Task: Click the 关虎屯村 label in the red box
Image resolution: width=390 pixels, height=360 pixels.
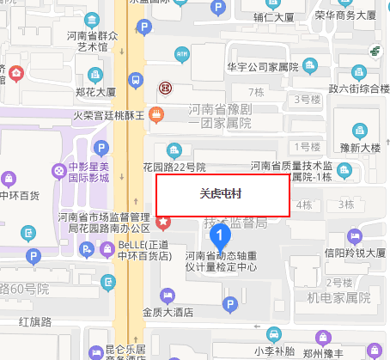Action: point(220,193)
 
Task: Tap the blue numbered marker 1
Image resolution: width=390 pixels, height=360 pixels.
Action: point(221,234)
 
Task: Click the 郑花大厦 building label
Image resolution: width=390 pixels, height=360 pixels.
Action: point(95,90)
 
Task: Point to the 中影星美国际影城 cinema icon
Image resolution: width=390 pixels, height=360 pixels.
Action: point(58,171)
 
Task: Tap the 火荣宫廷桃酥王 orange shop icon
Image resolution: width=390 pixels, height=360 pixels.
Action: point(156,113)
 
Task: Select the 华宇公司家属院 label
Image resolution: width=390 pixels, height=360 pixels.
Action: point(262,67)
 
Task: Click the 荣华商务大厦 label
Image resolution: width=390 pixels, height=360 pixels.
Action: point(345,15)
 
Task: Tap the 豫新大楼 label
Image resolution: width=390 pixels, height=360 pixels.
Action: point(359,147)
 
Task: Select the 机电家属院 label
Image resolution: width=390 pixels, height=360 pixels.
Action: point(338,297)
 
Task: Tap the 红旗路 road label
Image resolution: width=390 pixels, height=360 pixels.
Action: point(34,321)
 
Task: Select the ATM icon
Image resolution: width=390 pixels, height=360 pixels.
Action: point(181,55)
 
